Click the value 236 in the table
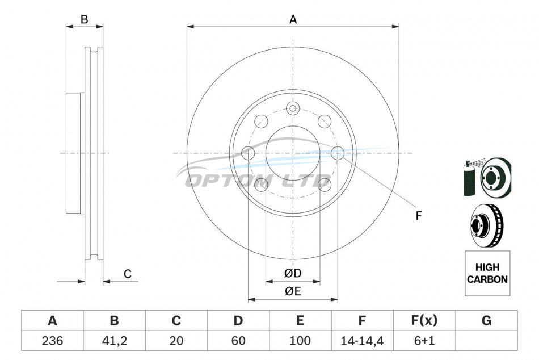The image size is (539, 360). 52,341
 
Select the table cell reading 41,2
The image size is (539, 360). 115,341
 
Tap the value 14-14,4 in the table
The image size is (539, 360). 362,341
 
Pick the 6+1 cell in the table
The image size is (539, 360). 424,341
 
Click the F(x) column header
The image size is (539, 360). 424,320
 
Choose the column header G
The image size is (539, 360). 486,320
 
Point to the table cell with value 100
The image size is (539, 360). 300,341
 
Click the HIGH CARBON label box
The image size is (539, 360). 487,273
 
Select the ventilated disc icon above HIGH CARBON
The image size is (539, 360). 487,226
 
